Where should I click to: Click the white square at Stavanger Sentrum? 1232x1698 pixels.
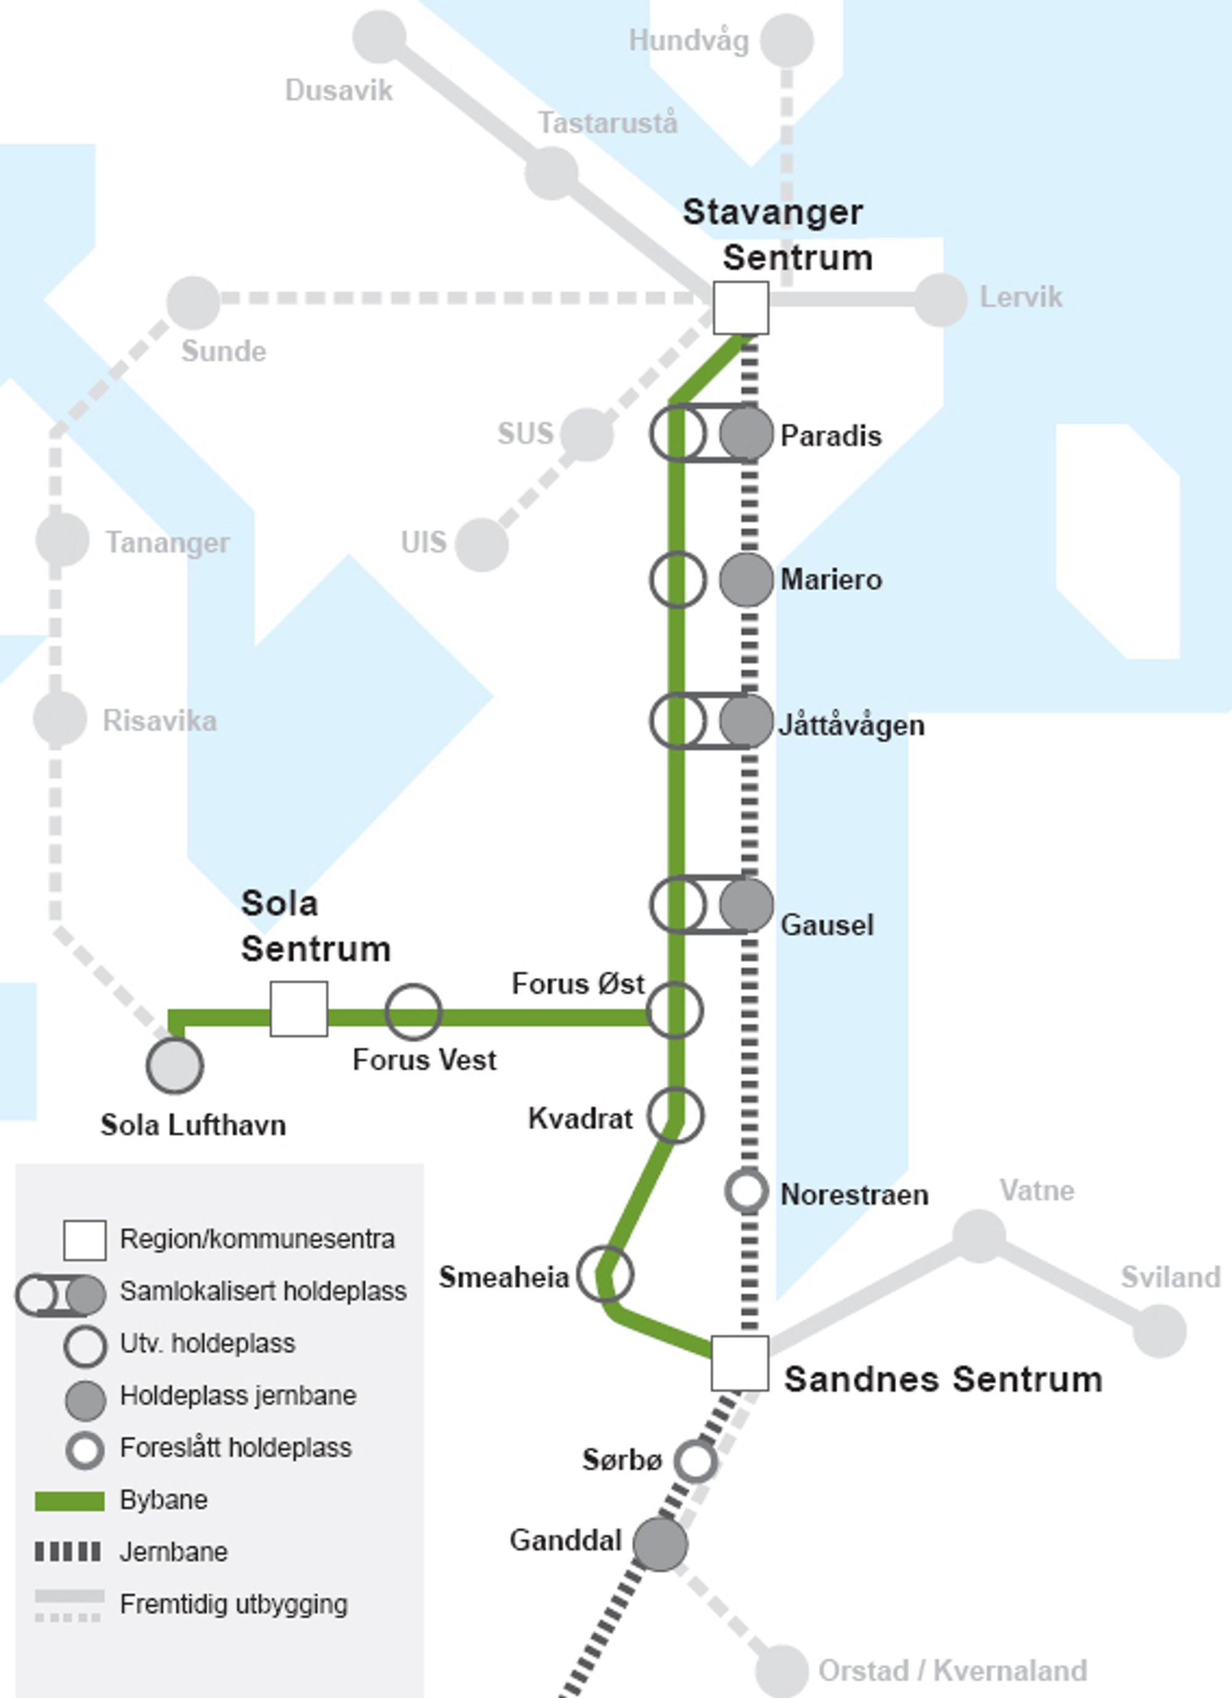[x=740, y=308]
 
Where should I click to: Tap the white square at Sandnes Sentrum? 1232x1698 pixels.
[x=739, y=1363]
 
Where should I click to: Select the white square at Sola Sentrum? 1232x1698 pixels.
[x=299, y=1008]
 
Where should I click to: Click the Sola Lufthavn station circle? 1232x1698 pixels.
[x=174, y=1064]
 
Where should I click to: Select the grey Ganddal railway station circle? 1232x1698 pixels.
[x=659, y=1544]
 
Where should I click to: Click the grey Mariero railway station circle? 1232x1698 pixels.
[x=746, y=579]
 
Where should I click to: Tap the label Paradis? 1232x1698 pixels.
[x=831, y=436]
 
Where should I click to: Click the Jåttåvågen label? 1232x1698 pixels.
[x=852, y=725]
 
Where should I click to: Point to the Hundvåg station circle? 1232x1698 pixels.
[x=787, y=39]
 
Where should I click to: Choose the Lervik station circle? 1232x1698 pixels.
[x=940, y=300]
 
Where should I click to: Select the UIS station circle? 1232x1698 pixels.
[x=481, y=544]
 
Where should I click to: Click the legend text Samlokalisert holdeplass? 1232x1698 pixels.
[x=264, y=1291]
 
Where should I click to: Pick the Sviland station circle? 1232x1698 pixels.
[x=1159, y=1331]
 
